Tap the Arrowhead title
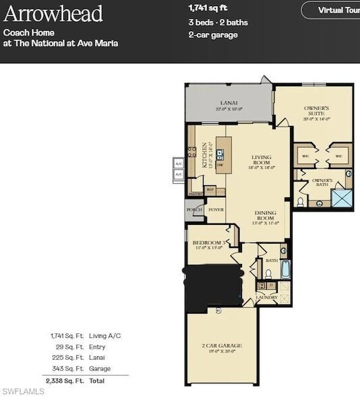[53, 13]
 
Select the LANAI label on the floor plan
[229, 102]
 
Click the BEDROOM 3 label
[208, 243]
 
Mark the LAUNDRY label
[266, 297]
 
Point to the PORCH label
[194, 209]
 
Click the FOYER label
[216, 209]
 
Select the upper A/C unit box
[179, 164]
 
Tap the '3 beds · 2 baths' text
[218, 22]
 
